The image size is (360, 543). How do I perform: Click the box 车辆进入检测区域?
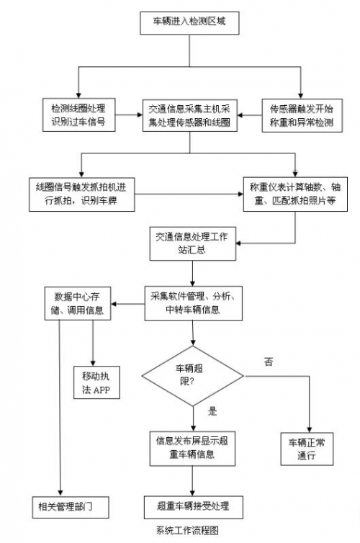189,23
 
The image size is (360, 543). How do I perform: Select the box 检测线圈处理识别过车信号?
79,115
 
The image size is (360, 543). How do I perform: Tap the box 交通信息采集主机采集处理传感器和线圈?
189,116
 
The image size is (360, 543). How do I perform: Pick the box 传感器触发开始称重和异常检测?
302,116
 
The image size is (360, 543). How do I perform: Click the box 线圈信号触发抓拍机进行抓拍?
81,194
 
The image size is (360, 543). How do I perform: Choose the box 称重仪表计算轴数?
295,194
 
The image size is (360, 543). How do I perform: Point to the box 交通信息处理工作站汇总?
192,243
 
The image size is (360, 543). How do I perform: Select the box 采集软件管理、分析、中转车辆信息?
193,303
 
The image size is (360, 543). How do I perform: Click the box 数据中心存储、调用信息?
78,303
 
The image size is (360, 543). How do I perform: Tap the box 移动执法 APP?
96,382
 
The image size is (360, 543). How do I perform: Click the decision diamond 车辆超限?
193,376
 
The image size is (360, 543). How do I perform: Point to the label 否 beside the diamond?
269,362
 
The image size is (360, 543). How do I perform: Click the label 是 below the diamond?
212,411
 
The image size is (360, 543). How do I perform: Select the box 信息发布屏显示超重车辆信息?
192,449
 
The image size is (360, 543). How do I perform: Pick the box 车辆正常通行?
307,449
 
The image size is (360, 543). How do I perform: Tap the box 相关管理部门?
71,507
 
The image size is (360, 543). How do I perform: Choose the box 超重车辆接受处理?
193,507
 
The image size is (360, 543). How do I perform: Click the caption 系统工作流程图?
187,530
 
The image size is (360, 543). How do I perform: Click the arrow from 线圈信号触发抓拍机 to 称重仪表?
189,194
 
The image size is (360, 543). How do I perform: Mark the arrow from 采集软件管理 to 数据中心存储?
127,304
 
